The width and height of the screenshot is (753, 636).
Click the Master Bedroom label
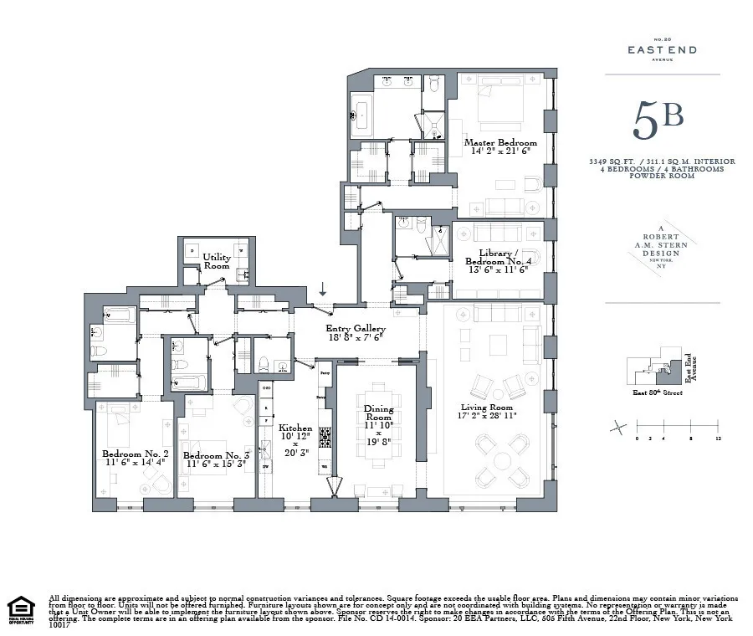[500, 143]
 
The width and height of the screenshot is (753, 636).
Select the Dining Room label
[378, 413]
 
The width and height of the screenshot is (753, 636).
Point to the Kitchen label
[295, 428]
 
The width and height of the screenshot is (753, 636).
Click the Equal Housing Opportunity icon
[21, 608]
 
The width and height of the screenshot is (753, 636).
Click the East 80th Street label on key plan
[654, 392]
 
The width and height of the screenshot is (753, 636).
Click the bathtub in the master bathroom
[362, 111]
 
